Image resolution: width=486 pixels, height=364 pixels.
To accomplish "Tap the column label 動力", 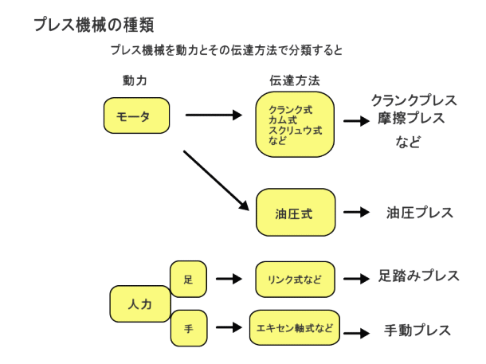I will coord(135,80).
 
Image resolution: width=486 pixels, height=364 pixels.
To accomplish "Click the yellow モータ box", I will coord(138,115).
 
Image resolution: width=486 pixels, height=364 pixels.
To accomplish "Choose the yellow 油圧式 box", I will coord(294,213).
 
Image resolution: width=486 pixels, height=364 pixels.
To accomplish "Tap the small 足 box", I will coord(188,279).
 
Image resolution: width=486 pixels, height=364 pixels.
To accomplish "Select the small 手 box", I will coord(188,327).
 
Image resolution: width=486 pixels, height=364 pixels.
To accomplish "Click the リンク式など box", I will coord(295,279).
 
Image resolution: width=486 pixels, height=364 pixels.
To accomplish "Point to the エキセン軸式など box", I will coord(295,327).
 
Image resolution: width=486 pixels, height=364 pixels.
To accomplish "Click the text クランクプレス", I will coord(414,101).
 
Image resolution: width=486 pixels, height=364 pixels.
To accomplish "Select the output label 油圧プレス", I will coord(420,213).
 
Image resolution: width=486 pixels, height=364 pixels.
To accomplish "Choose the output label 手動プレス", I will coord(418,329).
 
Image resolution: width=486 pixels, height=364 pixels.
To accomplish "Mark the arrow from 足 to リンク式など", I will coord(229,279).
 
